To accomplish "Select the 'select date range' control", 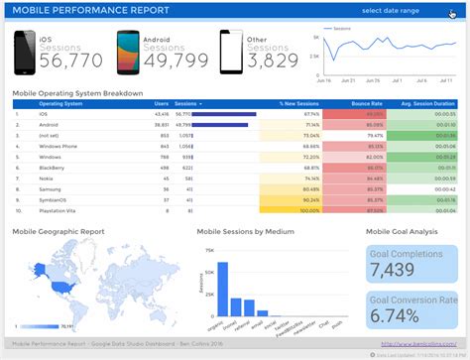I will click(390, 10).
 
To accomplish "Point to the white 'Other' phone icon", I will click(230, 54).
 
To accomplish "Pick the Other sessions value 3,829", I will click(273, 61).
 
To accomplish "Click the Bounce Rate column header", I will click(367, 103).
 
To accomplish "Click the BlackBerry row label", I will click(52, 168).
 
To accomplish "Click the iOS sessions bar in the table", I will click(224, 114).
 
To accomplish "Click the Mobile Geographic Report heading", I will click(58, 231).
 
